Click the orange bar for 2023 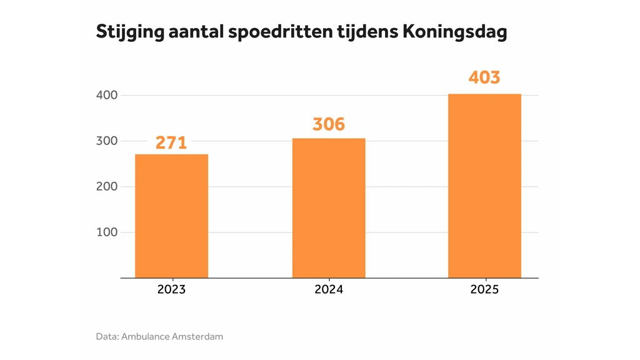point(171,216)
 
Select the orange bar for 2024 point(329,207)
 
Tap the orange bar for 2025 point(484,186)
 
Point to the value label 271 point(171,142)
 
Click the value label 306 point(329,124)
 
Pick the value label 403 point(484,77)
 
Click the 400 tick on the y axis point(107,95)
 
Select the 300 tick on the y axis point(107,141)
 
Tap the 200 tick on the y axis point(107,186)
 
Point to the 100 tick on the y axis point(107,232)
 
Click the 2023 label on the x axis point(171,289)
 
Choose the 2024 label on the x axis point(329,289)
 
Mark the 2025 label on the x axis point(484,289)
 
